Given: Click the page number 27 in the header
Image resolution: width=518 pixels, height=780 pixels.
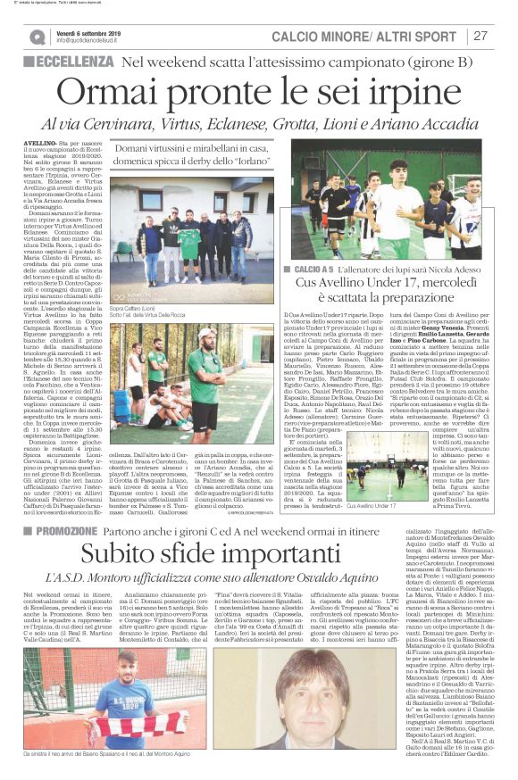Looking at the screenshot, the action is [480, 36].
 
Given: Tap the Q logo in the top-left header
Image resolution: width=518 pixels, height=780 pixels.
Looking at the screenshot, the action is [38, 37].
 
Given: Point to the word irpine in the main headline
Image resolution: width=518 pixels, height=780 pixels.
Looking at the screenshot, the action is [420, 94].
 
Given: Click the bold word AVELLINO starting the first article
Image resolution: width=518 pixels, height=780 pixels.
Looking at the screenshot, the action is [44, 142].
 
